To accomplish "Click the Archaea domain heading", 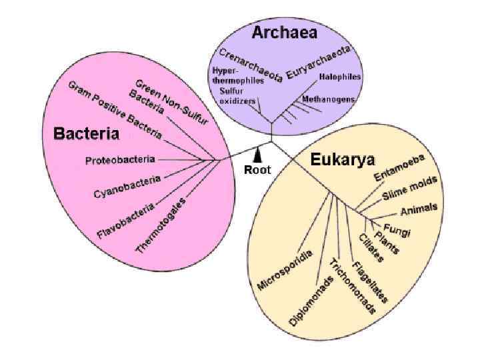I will click(284, 32).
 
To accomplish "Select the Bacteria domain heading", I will click(86, 133).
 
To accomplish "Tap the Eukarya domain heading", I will click(343, 160).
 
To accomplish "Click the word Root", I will click(257, 169).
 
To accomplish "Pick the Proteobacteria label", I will click(121, 160).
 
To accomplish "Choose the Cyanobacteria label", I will click(127, 187).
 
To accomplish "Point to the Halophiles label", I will click(340, 77).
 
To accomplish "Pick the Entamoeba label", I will click(399, 167).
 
